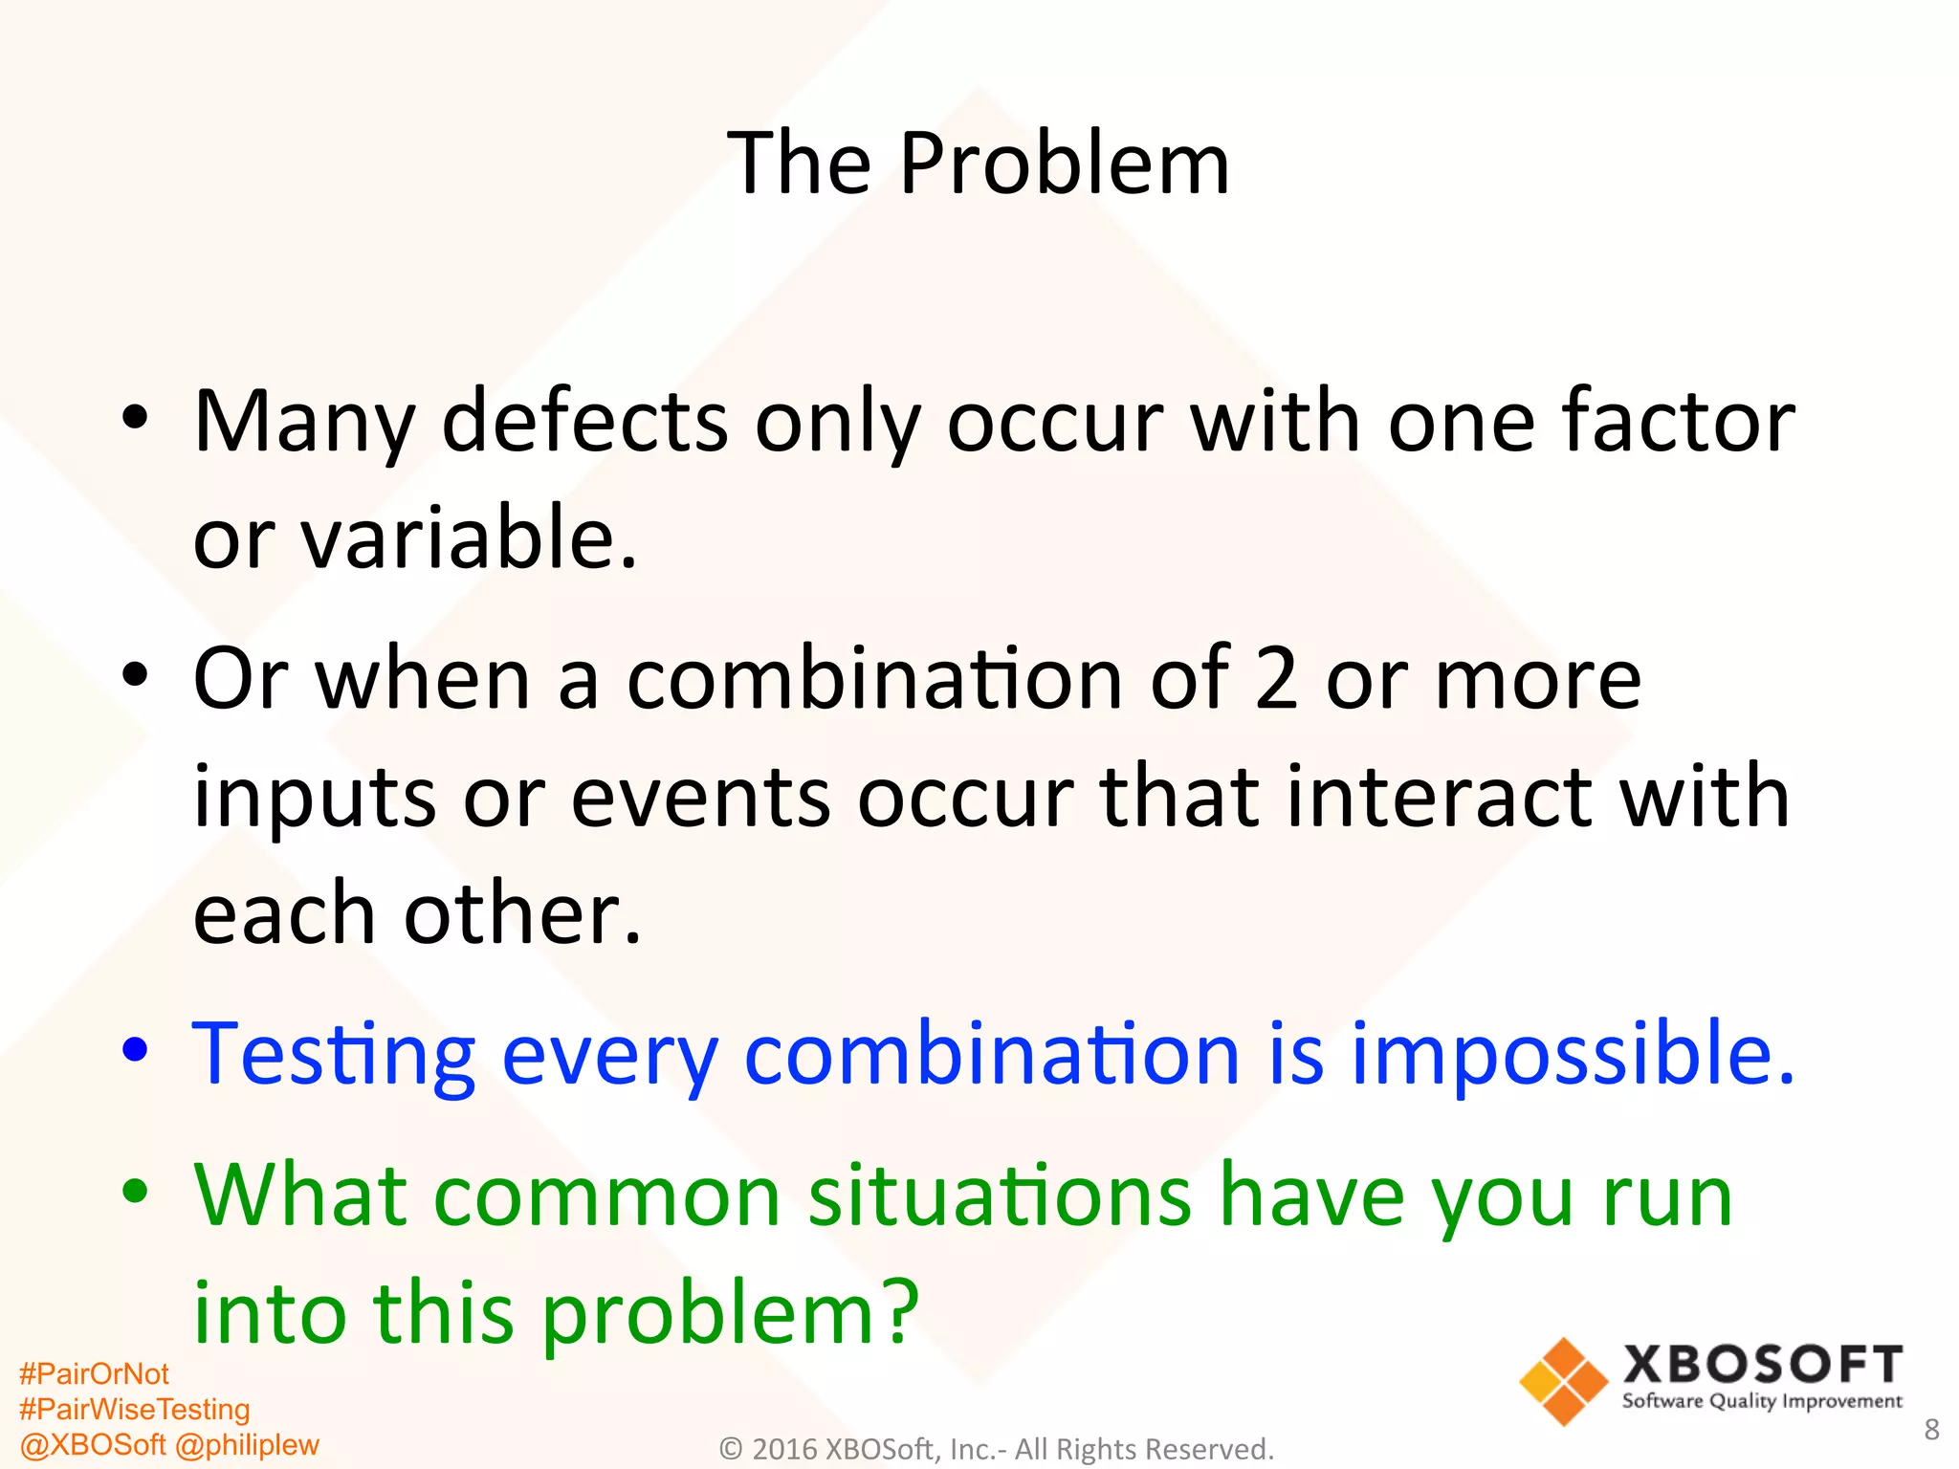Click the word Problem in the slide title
1064,164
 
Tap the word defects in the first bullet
584,422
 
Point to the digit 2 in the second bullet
1276,678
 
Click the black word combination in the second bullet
874,678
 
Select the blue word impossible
1572,1054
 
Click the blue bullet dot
136,1050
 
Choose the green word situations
1000,1195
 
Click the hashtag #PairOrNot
94,1374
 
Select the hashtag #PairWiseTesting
134,1410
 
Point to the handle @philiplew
247,1444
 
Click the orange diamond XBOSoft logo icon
1562,1382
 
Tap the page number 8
1931,1430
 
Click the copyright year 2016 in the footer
784,1450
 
